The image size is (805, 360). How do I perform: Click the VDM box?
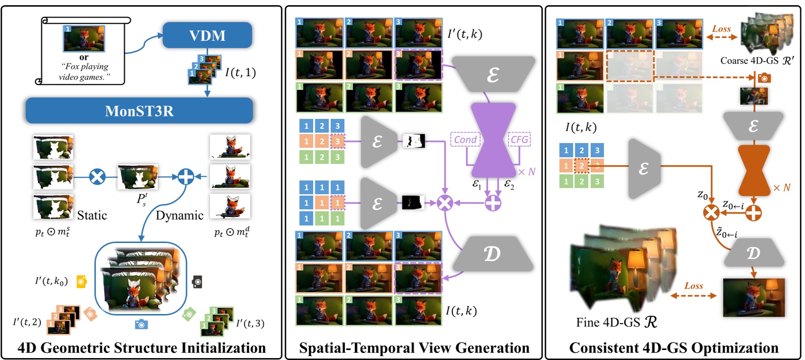click(x=207, y=35)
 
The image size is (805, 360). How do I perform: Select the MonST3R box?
click(x=139, y=111)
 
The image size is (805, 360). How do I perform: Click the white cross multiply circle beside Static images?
click(x=97, y=177)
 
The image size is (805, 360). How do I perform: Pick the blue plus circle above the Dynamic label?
click(x=186, y=177)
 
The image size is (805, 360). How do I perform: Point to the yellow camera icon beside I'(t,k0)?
click(x=81, y=281)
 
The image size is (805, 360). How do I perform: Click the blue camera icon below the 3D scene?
click(x=141, y=324)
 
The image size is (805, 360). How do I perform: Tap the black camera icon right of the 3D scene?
click(x=197, y=282)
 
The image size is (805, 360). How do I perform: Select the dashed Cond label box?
click(x=465, y=139)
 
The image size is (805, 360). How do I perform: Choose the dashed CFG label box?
click(x=519, y=139)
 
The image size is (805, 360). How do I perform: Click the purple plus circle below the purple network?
click(x=493, y=203)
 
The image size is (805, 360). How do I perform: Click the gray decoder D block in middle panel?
click(x=492, y=254)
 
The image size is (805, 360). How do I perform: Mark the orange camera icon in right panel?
click(x=764, y=78)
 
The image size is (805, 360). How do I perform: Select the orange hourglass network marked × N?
click(x=754, y=170)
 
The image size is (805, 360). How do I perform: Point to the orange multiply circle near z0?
click(x=711, y=213)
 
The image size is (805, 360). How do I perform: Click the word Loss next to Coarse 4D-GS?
click(x=721, y=29)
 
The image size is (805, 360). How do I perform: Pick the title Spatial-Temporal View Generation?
click(x=414, y=348)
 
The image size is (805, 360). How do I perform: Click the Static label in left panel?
click(x=92, y=216)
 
